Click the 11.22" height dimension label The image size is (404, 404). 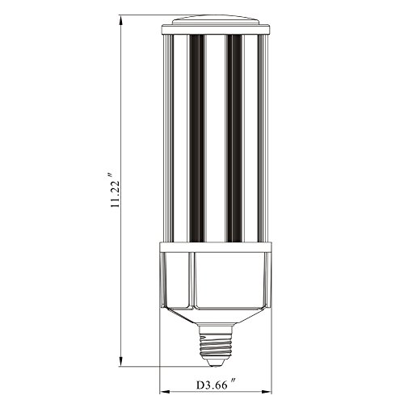(115, 189)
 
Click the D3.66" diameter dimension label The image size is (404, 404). (216, 384)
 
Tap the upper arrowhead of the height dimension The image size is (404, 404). (121, 21)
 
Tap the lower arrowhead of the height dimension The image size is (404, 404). (121, 360)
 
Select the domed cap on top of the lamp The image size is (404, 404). (216, 20)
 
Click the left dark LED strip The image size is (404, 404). (197, 138)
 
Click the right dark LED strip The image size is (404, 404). (234, 138)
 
